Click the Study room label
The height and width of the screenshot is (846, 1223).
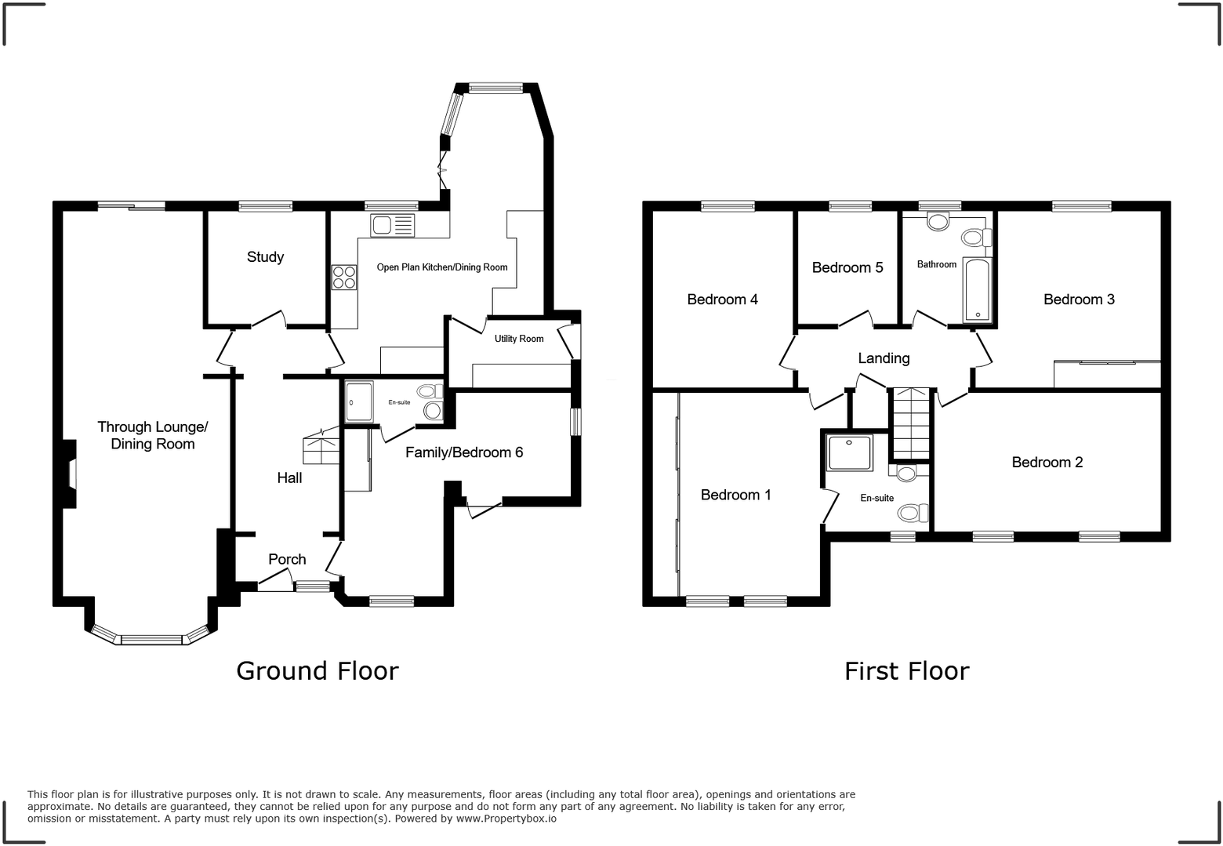265,257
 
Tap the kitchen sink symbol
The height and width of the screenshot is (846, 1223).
392,226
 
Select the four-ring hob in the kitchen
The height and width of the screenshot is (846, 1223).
344,278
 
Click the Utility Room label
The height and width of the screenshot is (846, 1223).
519,339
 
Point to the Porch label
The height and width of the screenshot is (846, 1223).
287,559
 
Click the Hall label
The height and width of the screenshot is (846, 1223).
289,477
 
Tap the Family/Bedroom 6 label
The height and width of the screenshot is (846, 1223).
464,452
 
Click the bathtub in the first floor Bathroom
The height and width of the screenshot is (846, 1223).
978,290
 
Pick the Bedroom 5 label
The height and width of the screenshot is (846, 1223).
847,268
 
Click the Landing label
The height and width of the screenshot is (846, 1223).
884,358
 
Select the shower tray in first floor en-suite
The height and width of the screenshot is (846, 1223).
850,452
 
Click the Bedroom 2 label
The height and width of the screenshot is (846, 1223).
1047,463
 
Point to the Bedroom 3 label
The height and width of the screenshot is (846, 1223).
1079,300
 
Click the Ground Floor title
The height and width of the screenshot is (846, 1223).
318,671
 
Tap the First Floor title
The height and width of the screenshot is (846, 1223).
906,671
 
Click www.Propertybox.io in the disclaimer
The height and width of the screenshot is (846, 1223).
506,819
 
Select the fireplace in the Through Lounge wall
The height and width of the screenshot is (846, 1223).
71,474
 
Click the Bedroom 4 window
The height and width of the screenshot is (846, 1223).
728,206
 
